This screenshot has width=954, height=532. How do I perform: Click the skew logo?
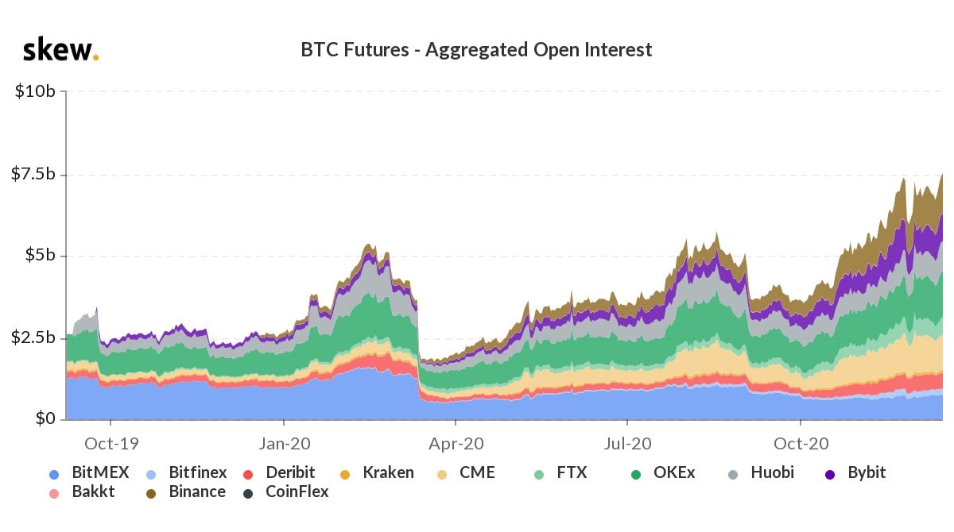[x=60, y=50]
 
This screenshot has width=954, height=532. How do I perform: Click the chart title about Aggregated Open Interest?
[x=476, y=50]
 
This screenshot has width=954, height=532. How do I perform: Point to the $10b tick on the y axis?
[x=35, y=91]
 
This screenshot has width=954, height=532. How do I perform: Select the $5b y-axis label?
[x=39, y=256]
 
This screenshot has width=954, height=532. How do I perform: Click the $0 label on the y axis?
[x=45, y=418]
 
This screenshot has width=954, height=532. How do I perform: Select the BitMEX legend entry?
[x=91, y=473]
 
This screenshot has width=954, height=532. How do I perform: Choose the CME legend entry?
[x=468, y=473]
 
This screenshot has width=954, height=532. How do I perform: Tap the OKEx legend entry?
[x=664, y=473]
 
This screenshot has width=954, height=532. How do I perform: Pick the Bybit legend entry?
[x=855, y=473]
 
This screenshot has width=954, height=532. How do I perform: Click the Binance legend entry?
[x=187, y=492]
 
